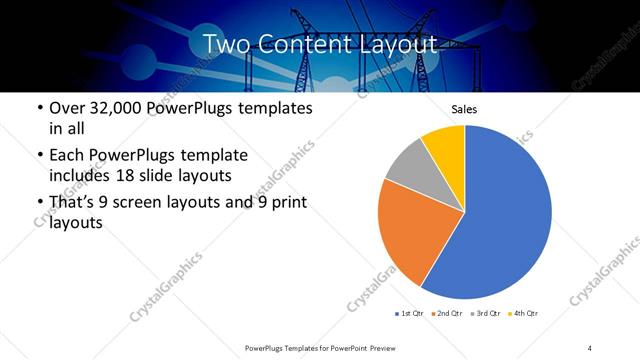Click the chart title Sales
(x=464, y=108)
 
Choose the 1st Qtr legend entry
(x=412, y=314)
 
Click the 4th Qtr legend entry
(x=526, y=314)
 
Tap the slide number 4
(x=589, y=346)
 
